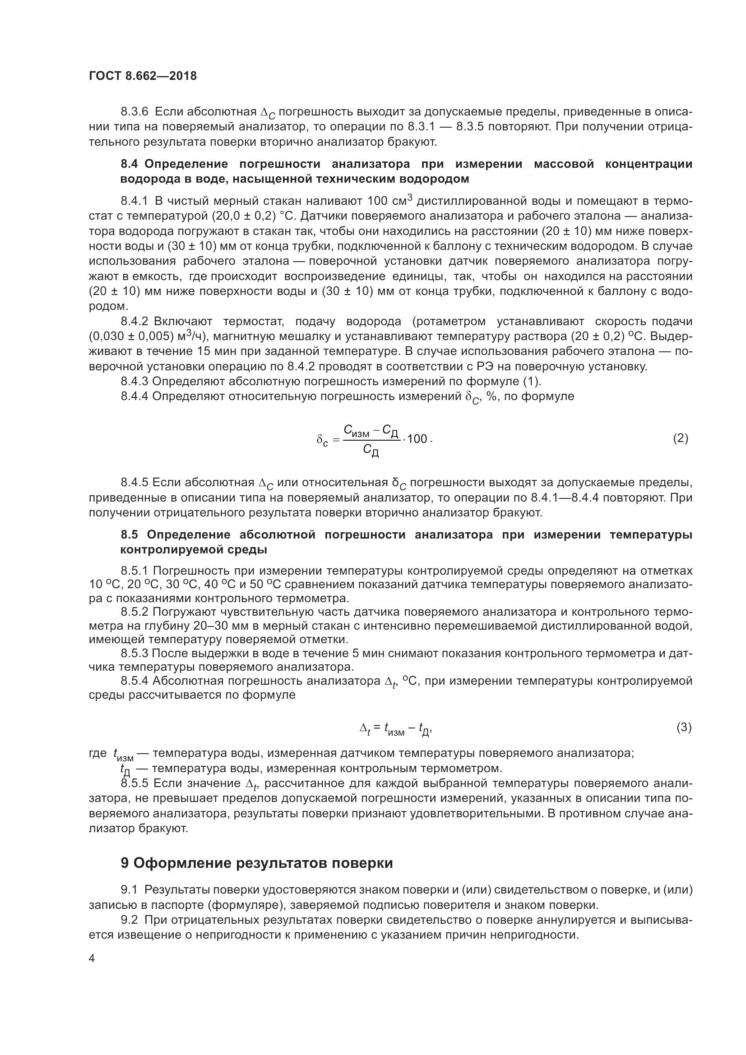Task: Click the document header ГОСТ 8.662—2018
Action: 143,76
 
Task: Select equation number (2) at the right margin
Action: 680,438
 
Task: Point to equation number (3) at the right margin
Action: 683,728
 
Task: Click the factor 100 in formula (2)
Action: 417,439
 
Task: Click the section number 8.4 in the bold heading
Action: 130,165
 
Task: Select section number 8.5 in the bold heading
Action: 131,535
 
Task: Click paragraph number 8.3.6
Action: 135,112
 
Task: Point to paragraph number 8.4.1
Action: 135,201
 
